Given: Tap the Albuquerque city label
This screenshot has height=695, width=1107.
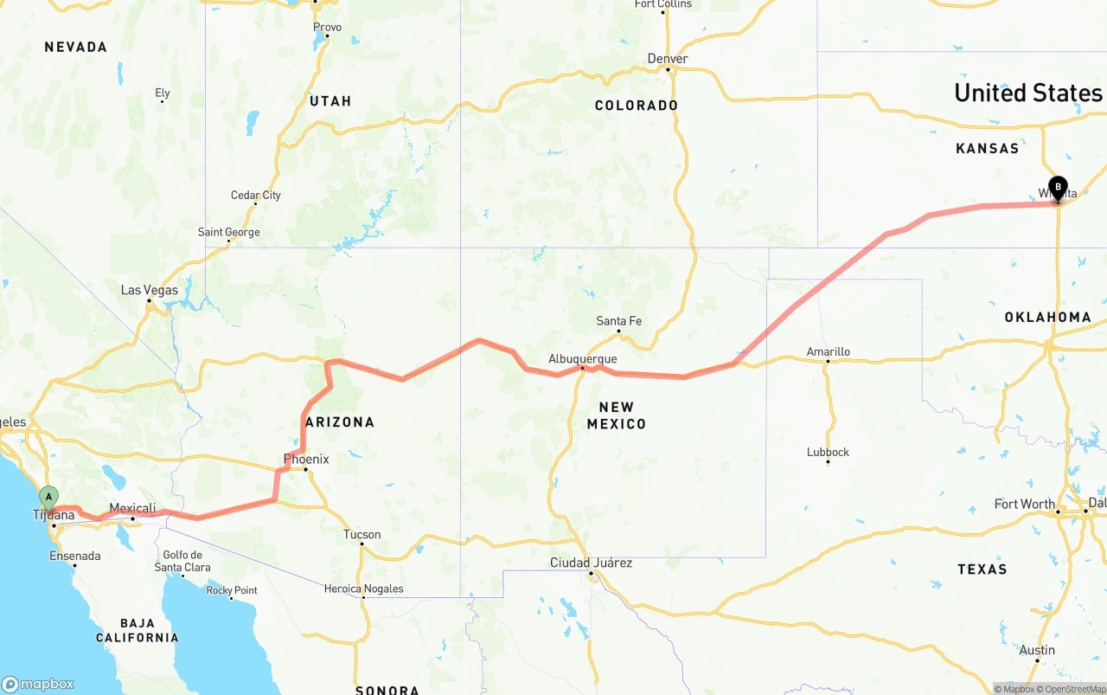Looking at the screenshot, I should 583,359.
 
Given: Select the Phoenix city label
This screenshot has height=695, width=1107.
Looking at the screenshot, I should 306,460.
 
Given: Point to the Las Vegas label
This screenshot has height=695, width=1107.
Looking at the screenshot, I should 149,290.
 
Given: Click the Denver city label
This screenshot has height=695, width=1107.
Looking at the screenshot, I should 668,59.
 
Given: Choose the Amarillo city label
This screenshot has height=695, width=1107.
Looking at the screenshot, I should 828,351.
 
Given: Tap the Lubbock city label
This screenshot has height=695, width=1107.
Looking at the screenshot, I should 828,452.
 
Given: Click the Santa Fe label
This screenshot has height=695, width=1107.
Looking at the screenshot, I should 618,321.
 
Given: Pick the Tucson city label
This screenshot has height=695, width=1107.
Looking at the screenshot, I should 362,534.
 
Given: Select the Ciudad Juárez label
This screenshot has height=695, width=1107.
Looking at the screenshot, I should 591,563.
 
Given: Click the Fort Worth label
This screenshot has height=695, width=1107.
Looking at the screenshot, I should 1024,504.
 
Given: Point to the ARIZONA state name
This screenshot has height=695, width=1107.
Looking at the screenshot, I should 339,422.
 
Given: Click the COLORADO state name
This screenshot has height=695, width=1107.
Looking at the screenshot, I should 636,106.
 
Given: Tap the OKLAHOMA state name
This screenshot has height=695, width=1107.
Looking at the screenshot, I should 1047,318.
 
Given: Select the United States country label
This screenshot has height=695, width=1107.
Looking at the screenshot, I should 1027,93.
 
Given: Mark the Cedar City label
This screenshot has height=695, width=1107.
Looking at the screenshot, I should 255,196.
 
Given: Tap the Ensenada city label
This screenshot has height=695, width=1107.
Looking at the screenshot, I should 74,556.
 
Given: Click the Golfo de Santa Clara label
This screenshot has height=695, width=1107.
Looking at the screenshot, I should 182,562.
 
